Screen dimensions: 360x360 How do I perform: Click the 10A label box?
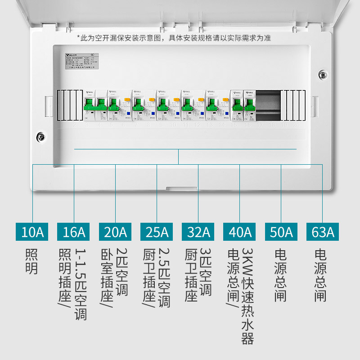click(33, 232)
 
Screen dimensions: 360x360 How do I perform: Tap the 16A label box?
click(74, 232)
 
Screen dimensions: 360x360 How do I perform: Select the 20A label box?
click(116, 232)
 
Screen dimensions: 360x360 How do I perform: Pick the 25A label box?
click(157, 232)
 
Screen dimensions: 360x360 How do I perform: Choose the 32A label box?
click(198, 232)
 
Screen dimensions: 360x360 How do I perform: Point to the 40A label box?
click(240, 232)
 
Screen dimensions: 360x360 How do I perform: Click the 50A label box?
click(281, 232)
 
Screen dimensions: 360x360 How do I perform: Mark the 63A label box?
click(323, 232)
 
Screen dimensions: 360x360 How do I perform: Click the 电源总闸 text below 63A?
click(321, 275)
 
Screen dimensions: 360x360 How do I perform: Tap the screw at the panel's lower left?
click(40, 136)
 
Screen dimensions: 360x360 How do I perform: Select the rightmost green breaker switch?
click(250, 105)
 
